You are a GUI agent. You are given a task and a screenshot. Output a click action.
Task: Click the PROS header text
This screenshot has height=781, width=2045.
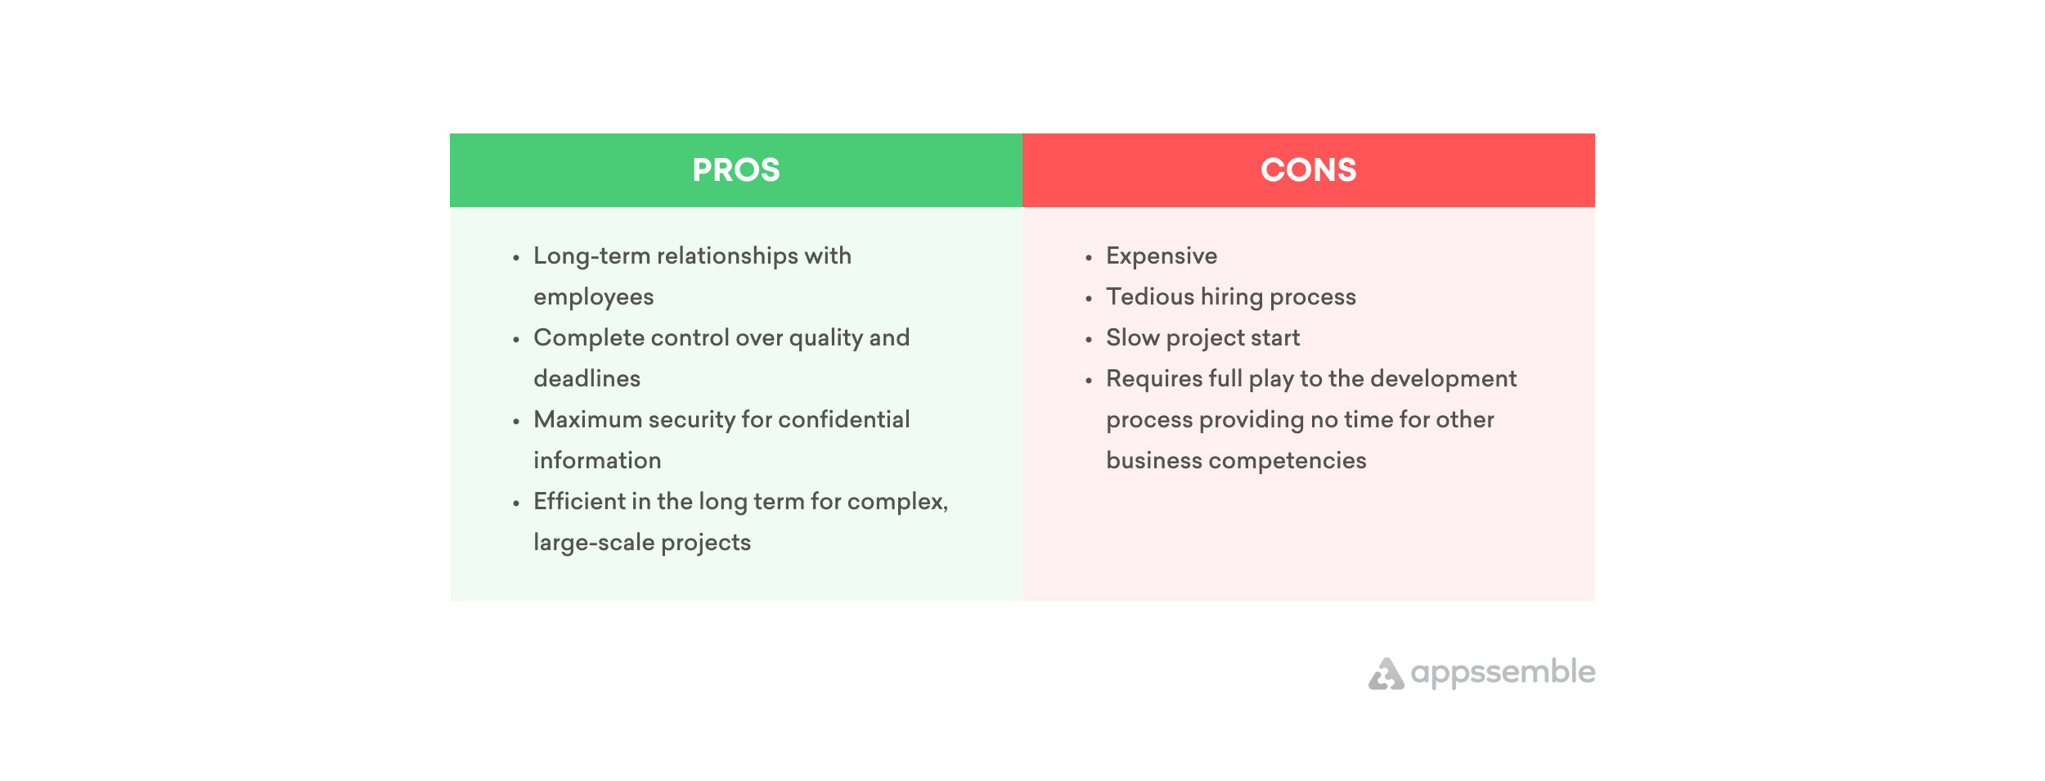click(736, 170)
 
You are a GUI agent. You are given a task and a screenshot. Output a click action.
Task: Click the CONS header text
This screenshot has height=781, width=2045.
click(1308, 170)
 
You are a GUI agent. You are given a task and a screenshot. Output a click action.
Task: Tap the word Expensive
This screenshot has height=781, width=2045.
click(1162, 257)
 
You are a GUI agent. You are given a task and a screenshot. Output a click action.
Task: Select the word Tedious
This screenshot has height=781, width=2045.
click(1150, 296)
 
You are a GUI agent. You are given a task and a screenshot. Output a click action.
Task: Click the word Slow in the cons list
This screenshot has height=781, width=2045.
click(1133, 337)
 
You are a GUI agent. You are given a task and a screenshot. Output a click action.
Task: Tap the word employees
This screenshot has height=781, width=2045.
click(594, 298)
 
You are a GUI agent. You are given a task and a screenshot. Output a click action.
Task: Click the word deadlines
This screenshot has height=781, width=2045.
click(587, 378)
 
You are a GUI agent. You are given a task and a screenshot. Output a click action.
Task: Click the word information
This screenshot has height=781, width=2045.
click(597, 460)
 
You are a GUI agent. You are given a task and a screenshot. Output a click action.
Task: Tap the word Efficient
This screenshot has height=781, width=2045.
click(579, 501)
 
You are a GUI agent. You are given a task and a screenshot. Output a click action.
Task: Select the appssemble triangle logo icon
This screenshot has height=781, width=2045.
click(1387, 674)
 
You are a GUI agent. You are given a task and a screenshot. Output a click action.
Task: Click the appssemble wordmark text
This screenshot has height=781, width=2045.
click(1503, 673)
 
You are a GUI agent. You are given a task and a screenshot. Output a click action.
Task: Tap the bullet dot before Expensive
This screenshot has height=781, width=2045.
click(1089, 258)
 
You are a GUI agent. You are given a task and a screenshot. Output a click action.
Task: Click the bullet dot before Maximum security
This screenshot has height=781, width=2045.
click(516, 422)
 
